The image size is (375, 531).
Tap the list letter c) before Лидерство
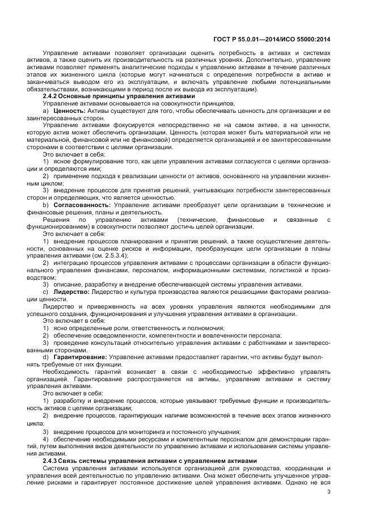(46, 291)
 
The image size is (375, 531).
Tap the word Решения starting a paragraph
(56, 219)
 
